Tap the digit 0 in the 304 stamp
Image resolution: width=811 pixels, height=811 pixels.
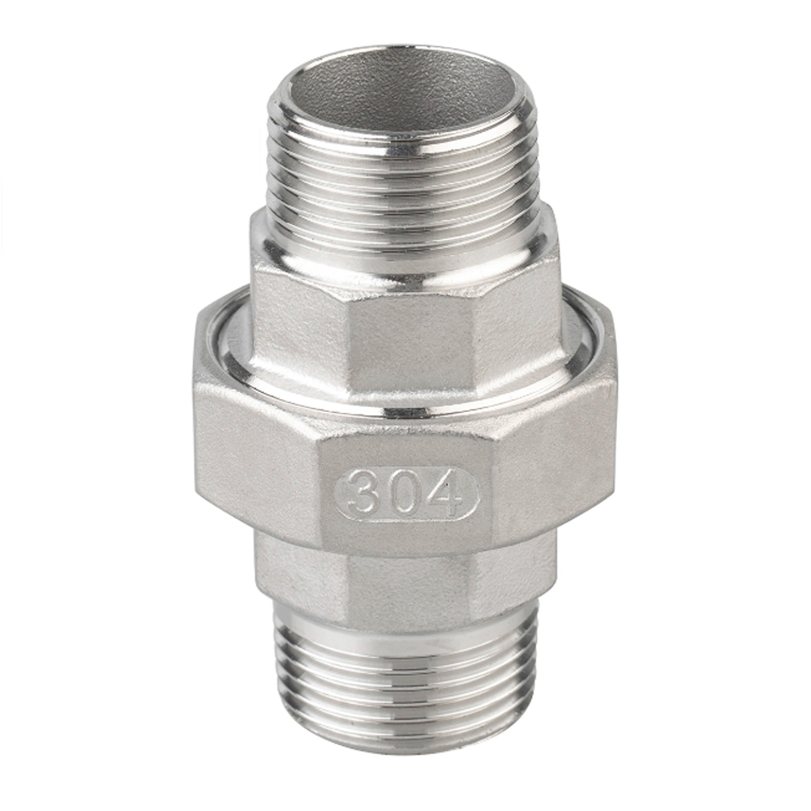pos(404,491)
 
